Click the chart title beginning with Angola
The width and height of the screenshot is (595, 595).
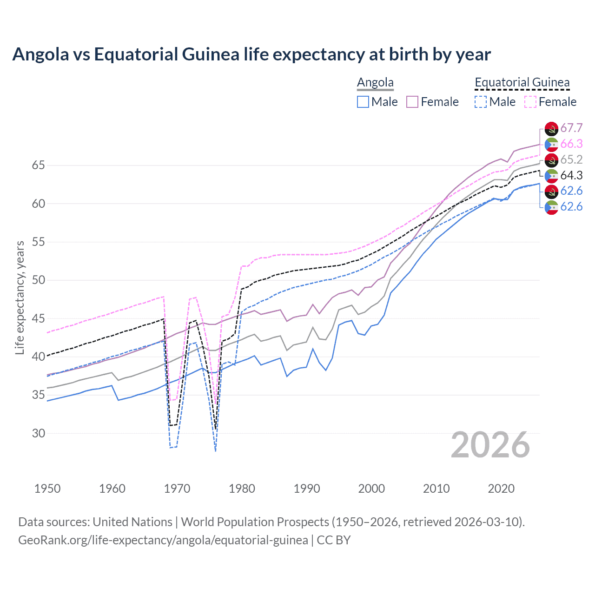pos(251,54)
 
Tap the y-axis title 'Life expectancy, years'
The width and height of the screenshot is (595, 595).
pos(20,297)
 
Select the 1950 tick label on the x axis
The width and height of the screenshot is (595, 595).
pos(47,489)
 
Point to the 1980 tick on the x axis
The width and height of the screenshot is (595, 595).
pos(242,489)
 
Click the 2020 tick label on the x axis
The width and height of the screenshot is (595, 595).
pos(501,489)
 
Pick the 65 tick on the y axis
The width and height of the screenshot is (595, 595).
pos(39,165)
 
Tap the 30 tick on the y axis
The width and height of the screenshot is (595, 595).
pos(39,433)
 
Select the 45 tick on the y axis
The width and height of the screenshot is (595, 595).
pos(39,318)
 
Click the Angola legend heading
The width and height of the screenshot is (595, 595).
pos(375,83)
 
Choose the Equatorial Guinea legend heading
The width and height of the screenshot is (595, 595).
pos(522,83)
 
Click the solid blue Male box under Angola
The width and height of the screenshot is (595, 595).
pos(363,102)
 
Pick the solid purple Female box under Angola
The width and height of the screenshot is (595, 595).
pos(412,102)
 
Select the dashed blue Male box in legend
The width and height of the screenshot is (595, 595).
pos(481,102)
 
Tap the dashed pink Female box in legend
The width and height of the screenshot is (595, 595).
pos(530,102)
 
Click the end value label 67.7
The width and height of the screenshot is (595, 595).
pos(571,128)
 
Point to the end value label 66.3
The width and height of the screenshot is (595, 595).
pos(571,144)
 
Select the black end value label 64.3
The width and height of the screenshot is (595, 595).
pos(571,175)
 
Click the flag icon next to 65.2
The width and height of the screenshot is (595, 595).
pos(551,160)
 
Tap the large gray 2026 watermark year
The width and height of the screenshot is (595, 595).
pos(490,445)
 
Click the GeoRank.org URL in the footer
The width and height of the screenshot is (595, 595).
pos(163,540)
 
